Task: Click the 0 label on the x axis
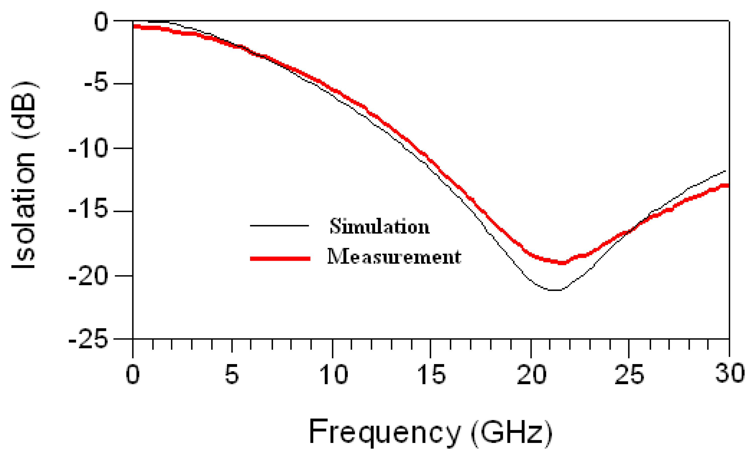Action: (x=132, y=374)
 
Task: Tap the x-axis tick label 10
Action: (x=334, y=374)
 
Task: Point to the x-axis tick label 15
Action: (x=431, y=374)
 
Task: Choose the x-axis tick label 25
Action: (x=629, y=374)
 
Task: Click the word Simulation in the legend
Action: (x=380, y=226)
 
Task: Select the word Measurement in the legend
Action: (x=394, y=257)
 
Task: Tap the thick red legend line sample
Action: (x=280, y=259)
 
